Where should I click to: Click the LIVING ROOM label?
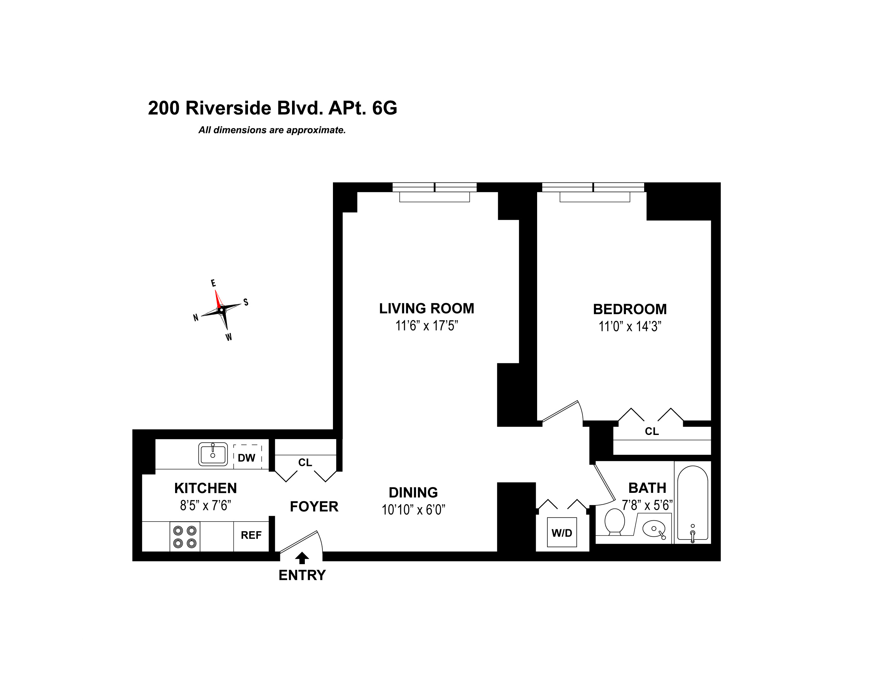click(x=427, y=308)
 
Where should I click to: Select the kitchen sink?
click(x=213, y=454)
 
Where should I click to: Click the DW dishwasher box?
click(x=247, y=458)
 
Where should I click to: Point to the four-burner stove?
click(x=185, y=536)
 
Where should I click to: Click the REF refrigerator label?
click(x=251, y=535)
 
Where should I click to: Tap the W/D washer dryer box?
click(x=562, y=532)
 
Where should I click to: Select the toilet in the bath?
click(x=614, y=522)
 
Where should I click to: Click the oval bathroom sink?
click(x=654, y=529)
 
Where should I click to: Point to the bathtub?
click(x=693, y=503)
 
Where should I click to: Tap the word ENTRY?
click(x=302, y=575)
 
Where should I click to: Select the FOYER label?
click(x=314, y=506)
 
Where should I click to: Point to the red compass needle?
click(x=218, y=299)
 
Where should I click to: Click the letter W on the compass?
click(x=229, y=337)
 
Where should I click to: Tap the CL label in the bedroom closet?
click(x=652, y=431)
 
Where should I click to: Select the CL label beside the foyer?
click(x=305, y=462)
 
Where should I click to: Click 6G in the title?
click(x=384, y=108)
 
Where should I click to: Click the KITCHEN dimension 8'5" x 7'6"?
click(x=205, y=505)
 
